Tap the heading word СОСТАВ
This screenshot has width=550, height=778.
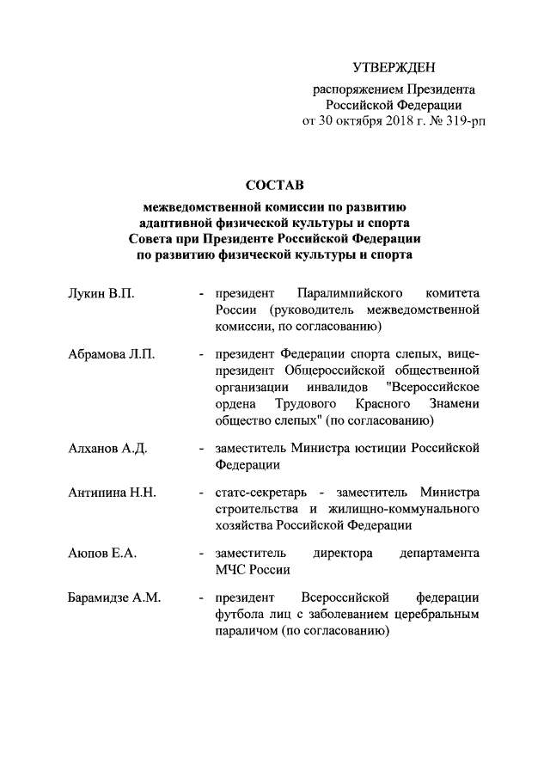point(275,186)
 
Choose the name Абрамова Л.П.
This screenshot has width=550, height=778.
point(111,356)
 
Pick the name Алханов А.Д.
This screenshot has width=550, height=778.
point(108,449)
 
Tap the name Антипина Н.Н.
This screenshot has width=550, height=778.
point(112,493)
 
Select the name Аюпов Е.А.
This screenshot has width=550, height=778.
point(102,554)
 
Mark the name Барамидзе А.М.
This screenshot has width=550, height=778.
point(115,597)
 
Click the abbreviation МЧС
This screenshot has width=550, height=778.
point(232,569)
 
